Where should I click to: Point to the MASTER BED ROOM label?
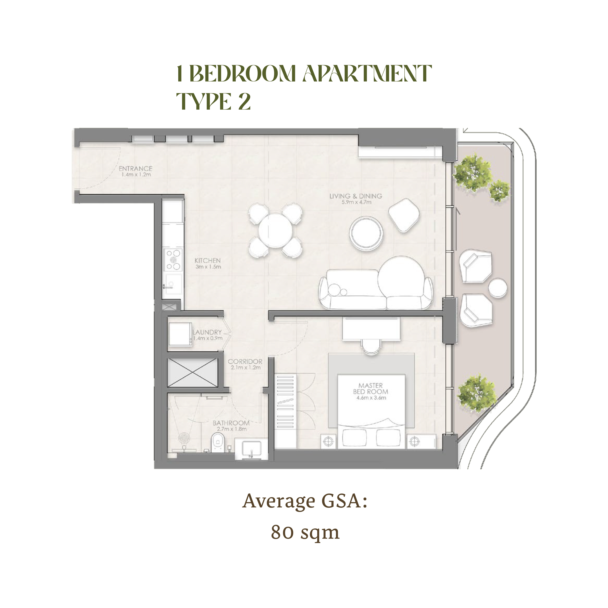coord(371,389)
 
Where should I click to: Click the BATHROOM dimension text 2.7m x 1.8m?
coord(232,429)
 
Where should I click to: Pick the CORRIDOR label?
coord(245,362)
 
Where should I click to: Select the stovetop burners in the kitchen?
coord(173,260)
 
